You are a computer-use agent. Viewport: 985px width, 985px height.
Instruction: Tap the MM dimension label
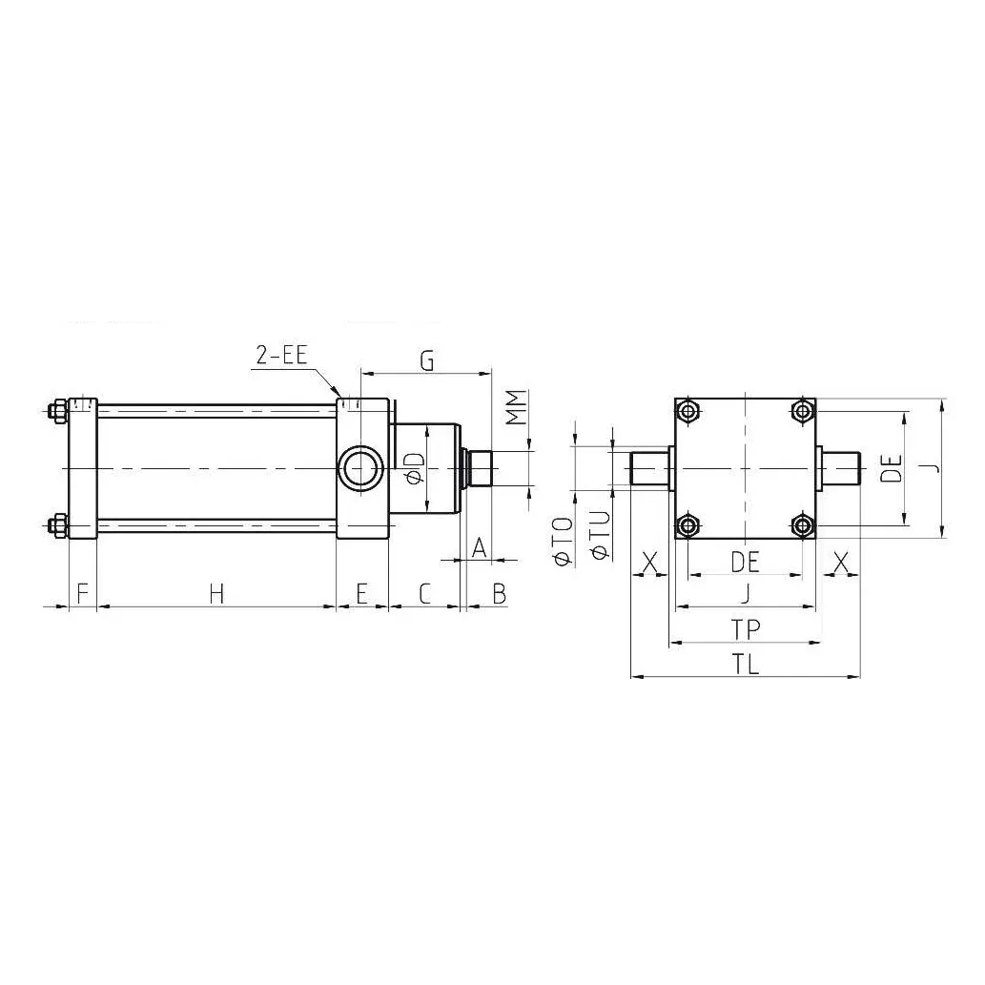(x=517, y=408)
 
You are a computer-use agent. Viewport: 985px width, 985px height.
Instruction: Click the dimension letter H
(x=216, y=593)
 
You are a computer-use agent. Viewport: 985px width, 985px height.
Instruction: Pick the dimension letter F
(x=82, y=593)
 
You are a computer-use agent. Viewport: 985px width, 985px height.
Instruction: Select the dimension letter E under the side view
(x=361, y=593)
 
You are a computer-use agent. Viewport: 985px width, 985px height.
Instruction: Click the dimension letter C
(x=425, y=593)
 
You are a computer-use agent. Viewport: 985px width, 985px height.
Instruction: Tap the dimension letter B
(x=499, y=593)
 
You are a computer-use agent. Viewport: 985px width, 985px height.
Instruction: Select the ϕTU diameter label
(x=598, y=534)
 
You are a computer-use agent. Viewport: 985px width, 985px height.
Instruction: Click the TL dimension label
(x=746, y=665)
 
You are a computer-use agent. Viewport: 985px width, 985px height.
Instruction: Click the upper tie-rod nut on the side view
(x=56, y=412)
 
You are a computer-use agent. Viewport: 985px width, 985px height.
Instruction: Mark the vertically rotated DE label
(x=892, y=468)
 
